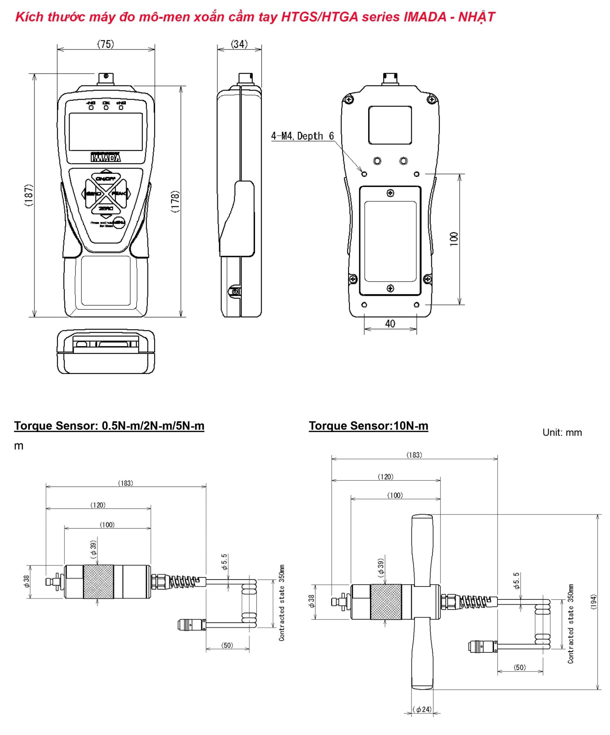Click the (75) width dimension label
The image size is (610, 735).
pos(105,44)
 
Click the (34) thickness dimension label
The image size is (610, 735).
pos(239,44)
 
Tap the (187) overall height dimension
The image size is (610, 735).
pos(29,195)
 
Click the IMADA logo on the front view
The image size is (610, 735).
pos(106,158)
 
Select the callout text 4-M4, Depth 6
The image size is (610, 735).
pos(302,136)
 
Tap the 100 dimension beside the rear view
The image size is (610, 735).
pos(454,239)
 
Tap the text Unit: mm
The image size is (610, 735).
pos(562,432)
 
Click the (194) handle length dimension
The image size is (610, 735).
pos(593,602)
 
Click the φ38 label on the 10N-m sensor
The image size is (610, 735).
pos(311,601)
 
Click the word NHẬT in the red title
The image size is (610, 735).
pos(476,17)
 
